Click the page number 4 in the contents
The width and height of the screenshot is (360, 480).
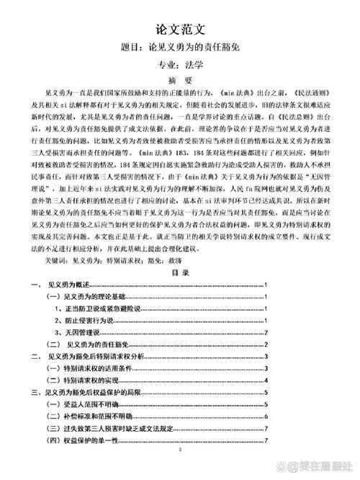point(266,380)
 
